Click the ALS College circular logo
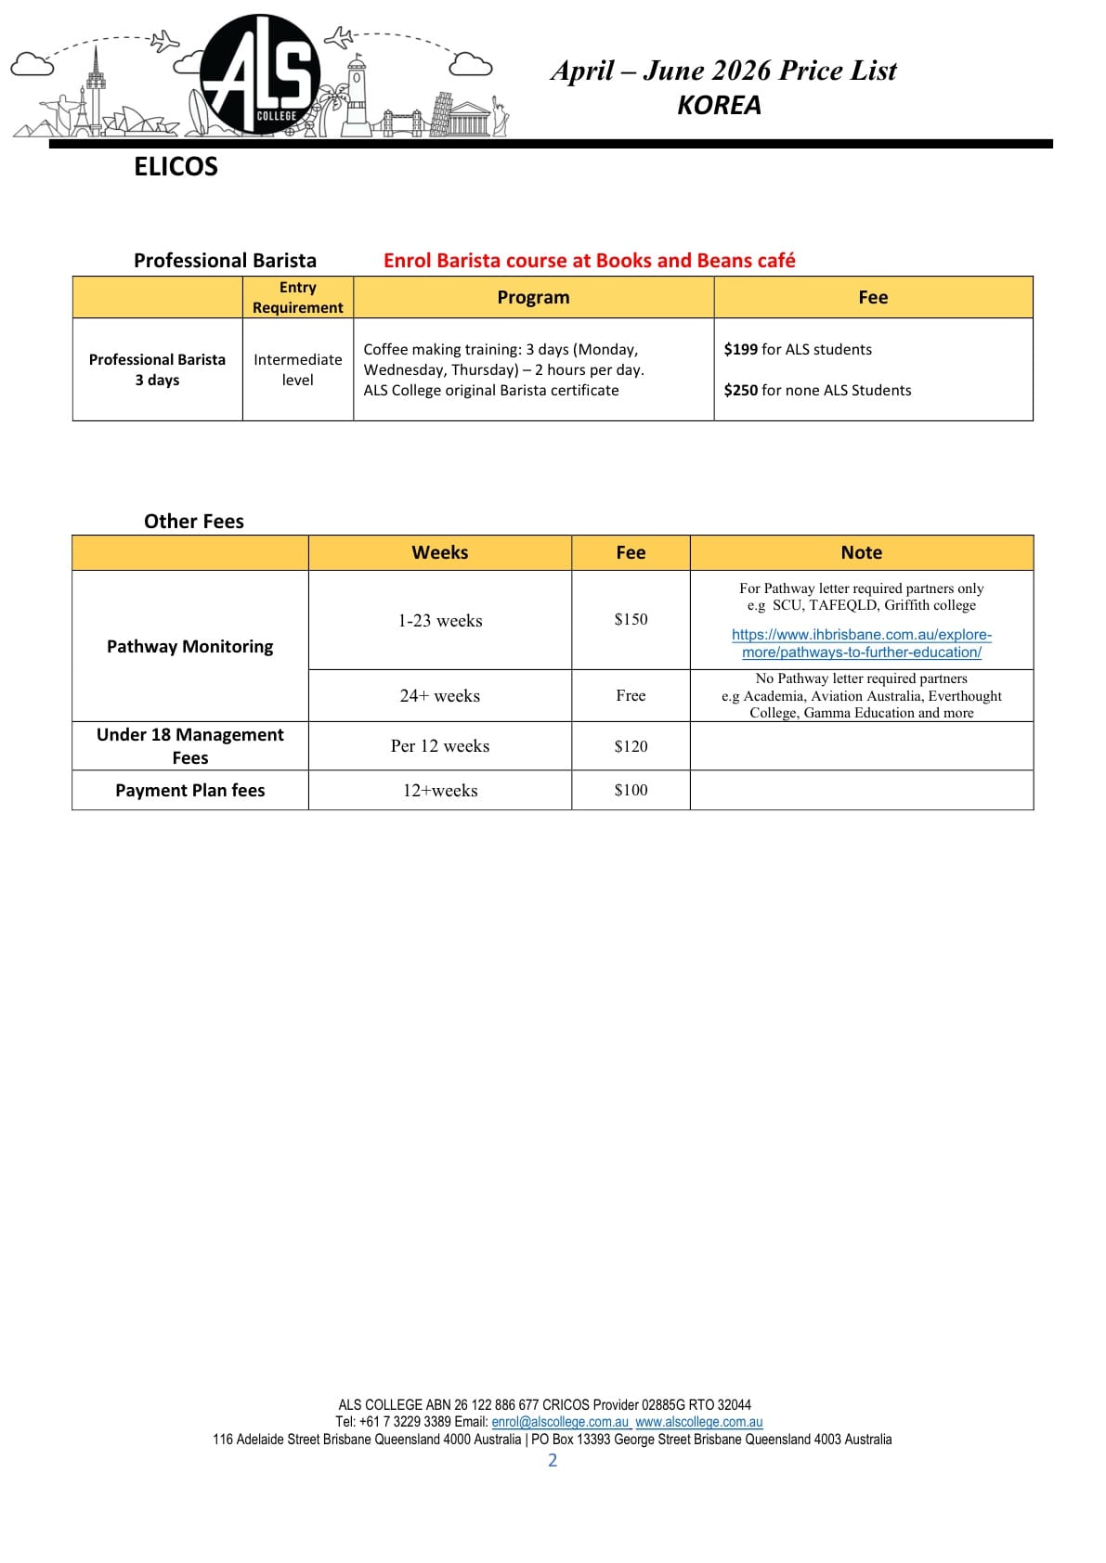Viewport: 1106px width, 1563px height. tap(260, 74)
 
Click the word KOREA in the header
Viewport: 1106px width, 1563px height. tap(719, 105)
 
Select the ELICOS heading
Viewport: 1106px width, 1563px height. tap(176, 166)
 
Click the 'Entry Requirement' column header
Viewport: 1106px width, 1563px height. tap(297, 297)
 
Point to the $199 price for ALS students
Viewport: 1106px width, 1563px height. tap(740, 349)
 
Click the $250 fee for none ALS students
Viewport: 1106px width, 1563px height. tap(740, 390)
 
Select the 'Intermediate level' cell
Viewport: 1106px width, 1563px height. tap(297, 369)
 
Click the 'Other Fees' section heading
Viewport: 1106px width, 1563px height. tap(193, 522)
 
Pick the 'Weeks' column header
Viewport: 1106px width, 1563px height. tap(439, 552)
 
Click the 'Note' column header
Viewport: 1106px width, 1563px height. tap(861, 552)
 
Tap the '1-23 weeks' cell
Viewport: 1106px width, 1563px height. tap(439, 620)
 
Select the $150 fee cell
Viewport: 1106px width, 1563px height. tap(631, 619)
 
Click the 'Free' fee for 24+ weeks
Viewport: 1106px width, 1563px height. tap(631, 695)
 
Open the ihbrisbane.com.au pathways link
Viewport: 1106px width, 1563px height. tap(861, 643)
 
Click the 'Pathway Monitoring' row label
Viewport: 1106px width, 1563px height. tap(189, 646)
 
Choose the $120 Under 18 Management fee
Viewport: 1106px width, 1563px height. tap(631, 746)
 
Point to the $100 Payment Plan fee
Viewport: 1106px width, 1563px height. tap(631, 790)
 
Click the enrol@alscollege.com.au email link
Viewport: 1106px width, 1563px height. tap(560, 1422)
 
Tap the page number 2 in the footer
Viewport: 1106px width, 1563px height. tap(553, 1460)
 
